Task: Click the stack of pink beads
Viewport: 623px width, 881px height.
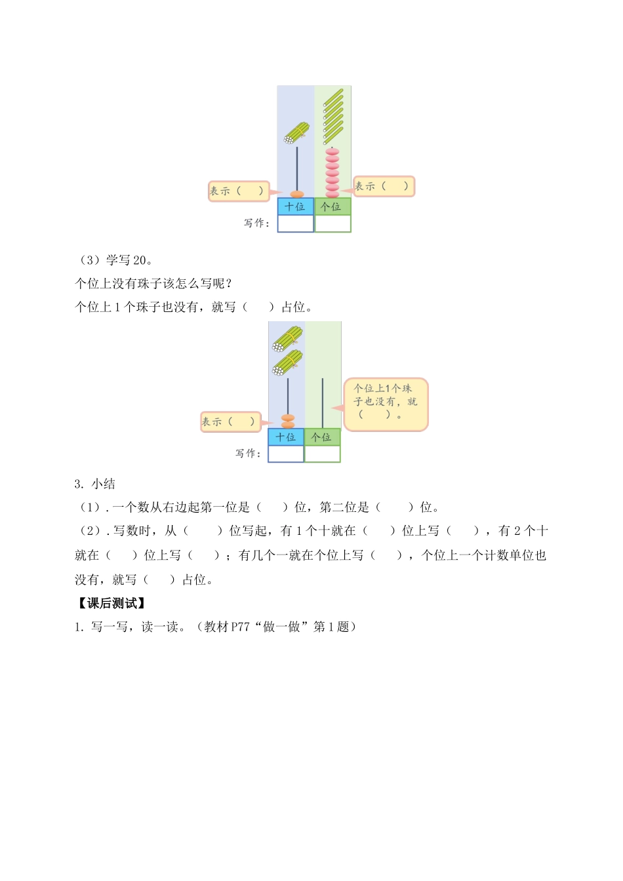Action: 332,172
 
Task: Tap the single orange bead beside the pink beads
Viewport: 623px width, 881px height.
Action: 297,194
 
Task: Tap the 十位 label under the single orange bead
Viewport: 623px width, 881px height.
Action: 295,206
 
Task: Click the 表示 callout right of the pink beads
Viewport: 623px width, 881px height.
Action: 384,186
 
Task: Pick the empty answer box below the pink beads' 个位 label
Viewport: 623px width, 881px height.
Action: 332,224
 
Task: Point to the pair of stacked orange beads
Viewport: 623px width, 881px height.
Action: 288,420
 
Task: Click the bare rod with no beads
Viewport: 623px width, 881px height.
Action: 323,402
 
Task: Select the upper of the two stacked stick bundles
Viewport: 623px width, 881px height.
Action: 288,339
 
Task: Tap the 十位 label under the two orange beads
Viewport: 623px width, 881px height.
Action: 286,437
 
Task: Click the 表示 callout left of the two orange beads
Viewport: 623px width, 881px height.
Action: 230,421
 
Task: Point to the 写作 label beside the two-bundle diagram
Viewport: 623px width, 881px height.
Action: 248,454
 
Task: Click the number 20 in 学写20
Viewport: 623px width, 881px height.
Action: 140,260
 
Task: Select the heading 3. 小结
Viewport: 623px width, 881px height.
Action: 95,484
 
